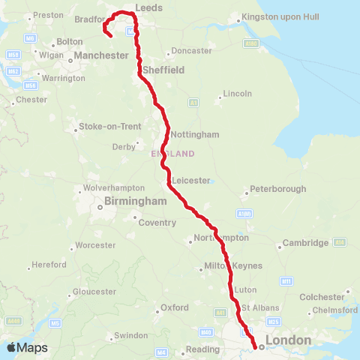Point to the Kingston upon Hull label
277,17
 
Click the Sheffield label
169,70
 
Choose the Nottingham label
195,135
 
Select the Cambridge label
305,243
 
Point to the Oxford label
175,308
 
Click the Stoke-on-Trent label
110,127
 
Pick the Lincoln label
238,94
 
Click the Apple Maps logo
27,347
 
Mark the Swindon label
133,335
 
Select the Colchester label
322,297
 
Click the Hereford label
51,265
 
